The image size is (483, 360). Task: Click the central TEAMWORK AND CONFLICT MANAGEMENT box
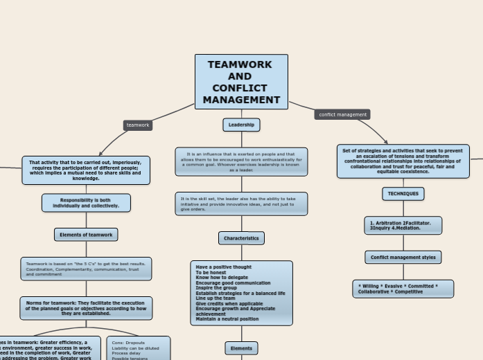(241, 82)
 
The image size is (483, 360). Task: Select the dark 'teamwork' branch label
(138, 125)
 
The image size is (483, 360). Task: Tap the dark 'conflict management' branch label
(342, 114)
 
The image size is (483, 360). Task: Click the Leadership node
(241, 125)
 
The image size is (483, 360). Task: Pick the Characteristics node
(241, 238)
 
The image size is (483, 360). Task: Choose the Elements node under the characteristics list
(241, 348)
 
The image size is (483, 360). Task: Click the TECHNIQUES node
(403, 194)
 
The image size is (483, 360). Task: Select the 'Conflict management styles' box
(403, 257)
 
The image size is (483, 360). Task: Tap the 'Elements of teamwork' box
(86, 235)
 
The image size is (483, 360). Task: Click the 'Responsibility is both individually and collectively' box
(86, 203)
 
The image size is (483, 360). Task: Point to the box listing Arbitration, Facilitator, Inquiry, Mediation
(403, 226)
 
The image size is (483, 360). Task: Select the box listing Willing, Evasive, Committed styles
(403, 289)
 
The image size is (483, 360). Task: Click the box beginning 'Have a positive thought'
(241, 293)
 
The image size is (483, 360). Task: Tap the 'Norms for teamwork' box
(86, 308)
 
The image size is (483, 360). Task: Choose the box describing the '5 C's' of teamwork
(86, 269)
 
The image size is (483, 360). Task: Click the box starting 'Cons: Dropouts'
(138, 349)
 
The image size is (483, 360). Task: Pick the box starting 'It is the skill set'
(241, 204)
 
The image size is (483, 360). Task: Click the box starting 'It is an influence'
(241, 161)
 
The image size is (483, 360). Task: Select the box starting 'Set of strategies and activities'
(403, 161)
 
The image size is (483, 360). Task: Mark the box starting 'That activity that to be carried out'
(86, 170)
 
